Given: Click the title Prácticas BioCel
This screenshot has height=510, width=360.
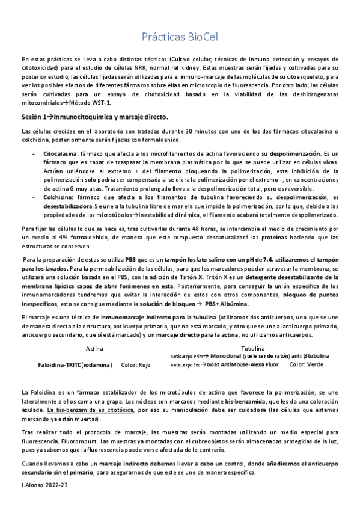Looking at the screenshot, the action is tap(180, 37).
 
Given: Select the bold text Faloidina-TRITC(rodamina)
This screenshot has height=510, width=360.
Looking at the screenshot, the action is tap(75, 364).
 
